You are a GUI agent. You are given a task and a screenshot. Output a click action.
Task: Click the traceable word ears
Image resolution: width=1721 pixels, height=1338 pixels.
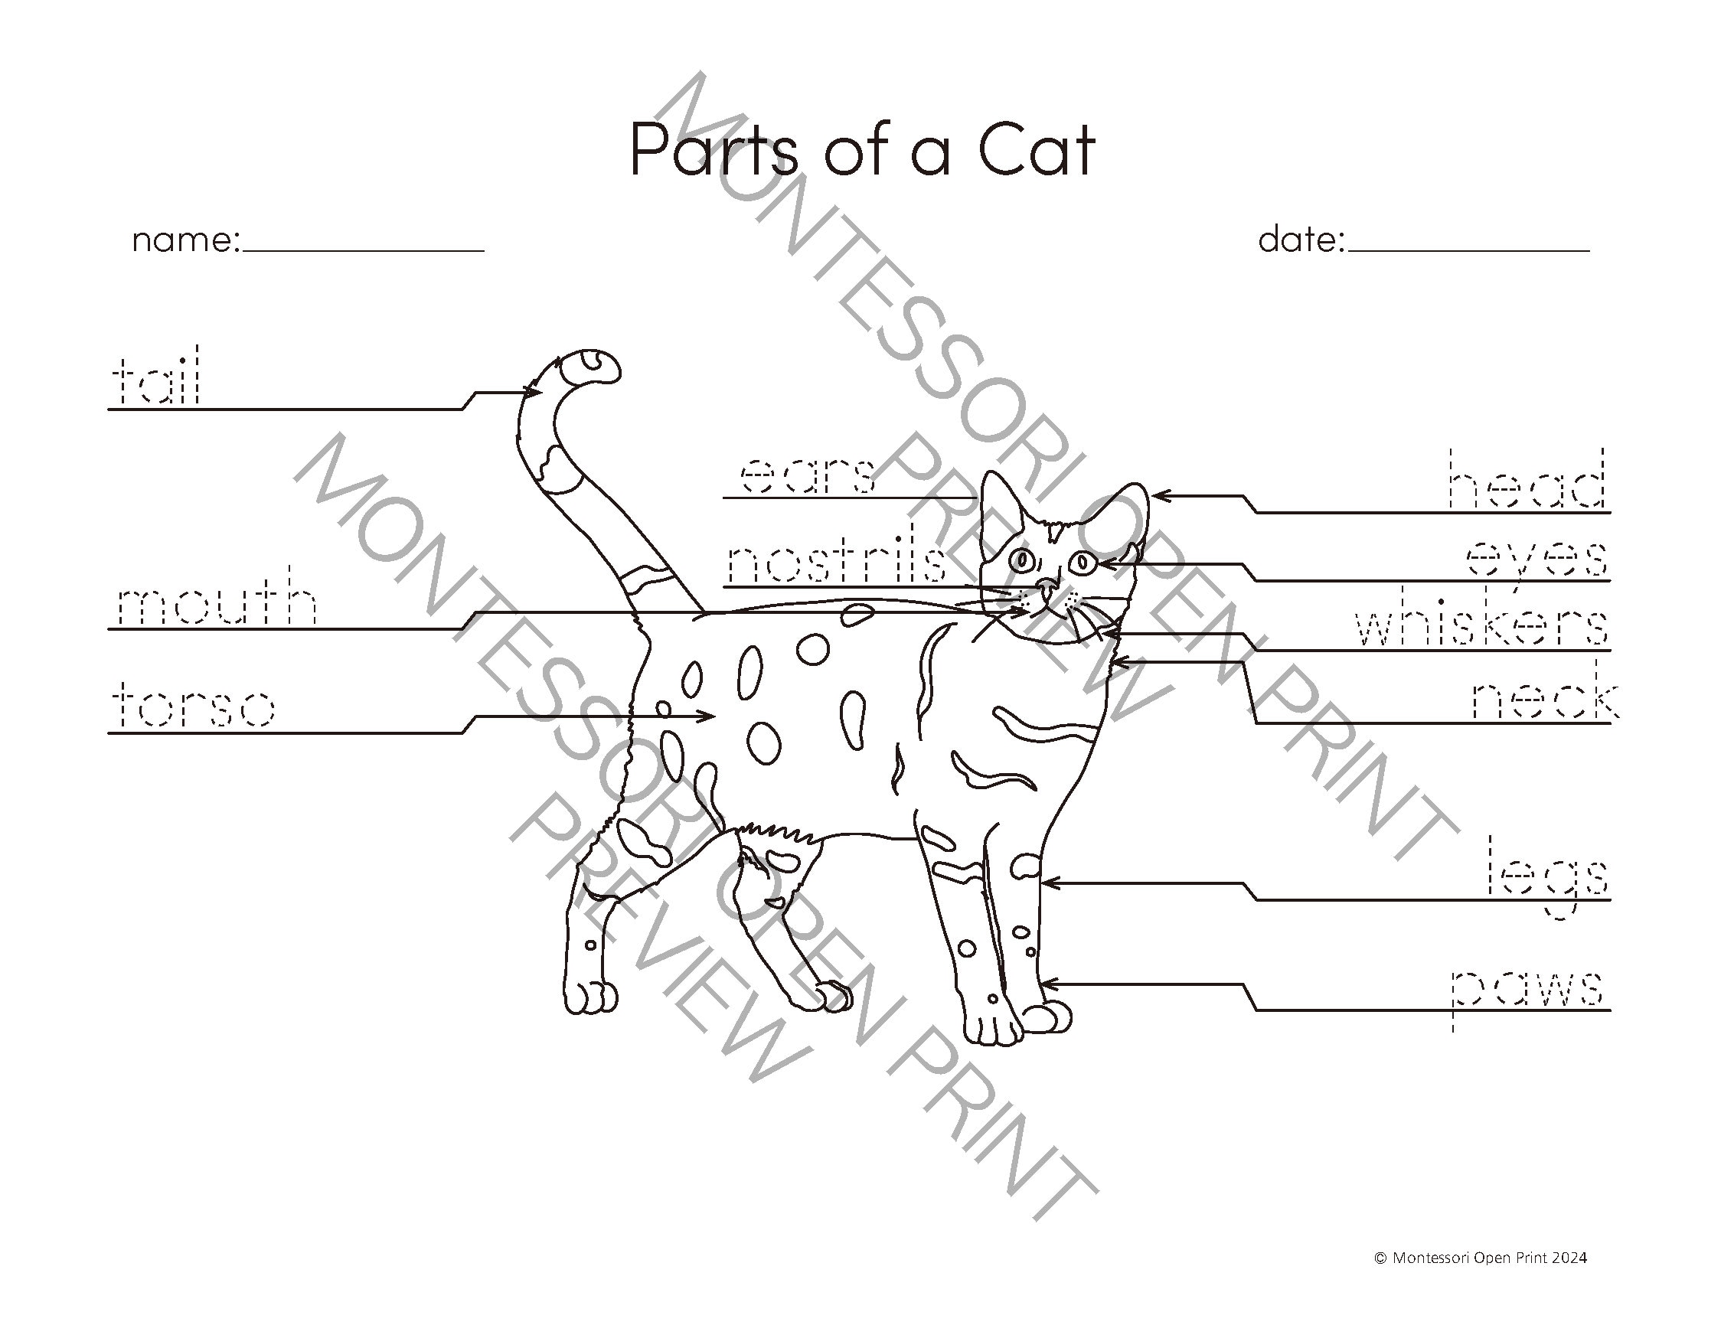(808, 477)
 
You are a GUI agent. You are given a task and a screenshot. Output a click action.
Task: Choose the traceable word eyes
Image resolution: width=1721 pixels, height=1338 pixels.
(1536, 561)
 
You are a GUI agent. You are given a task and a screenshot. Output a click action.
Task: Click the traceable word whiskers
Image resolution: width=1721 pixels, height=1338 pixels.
(1481, 627)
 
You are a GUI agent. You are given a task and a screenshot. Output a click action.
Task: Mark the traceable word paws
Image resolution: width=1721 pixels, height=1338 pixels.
(1527, 990)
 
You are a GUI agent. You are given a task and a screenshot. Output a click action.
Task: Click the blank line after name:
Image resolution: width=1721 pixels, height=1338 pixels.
(364, 247)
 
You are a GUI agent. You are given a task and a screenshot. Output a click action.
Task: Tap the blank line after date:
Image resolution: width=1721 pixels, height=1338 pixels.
(1469, 247)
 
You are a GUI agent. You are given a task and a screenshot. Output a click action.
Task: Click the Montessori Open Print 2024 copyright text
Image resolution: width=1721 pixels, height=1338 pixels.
(1481, 1280)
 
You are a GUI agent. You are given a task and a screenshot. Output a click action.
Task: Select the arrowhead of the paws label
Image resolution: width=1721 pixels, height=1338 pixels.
(1045, 984)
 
